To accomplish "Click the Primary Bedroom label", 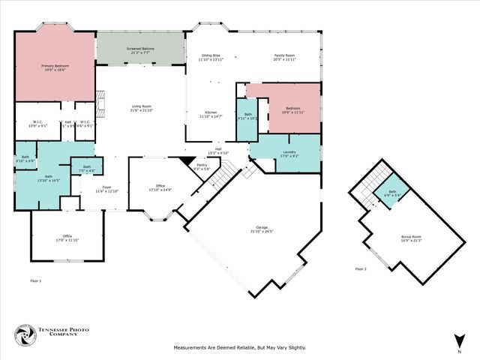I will click(x=53, y=67).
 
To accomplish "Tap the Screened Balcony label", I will click(x=140, y=51).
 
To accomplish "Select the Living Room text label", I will click(x=143, y=109).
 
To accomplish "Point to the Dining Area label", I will click(x=210, y=57).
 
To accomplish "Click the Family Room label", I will click(x=284, y=57).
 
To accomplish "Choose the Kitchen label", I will click(x=211, y=114).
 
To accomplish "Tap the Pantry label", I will click(x=202, y=166).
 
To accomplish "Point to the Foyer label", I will click(x=106, y=189).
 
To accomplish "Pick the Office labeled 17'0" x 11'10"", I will click(x=67, y=238).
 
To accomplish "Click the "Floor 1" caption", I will click(x=35, y=280).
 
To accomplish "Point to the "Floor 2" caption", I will click(x=361, y=268).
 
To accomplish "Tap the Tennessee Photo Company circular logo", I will click(x=26, y=334).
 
